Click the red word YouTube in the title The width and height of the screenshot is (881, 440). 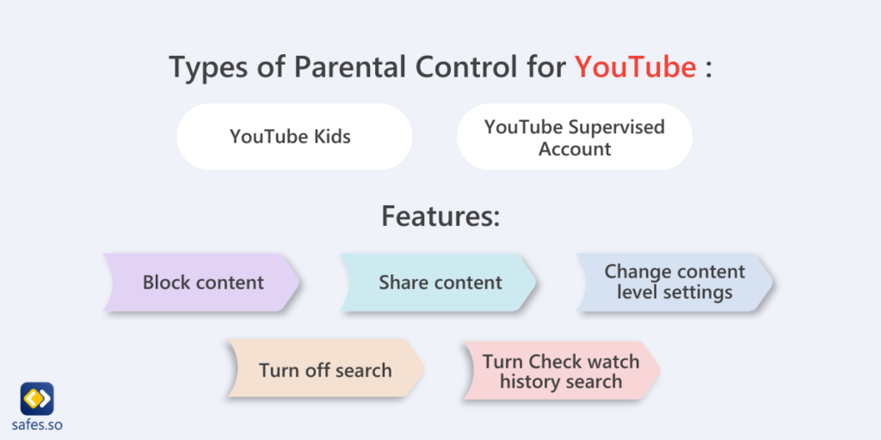coord(635,67)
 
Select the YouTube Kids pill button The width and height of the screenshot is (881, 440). coord(293,137)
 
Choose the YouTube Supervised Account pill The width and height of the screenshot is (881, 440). coord(574,137)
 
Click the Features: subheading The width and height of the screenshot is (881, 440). coord(440,216)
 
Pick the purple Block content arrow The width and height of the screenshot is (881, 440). coord(202,283)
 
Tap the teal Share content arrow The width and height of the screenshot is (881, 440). coord(439,283)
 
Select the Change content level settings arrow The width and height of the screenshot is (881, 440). coord(674,282)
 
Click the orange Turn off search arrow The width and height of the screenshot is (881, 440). coord(325,370)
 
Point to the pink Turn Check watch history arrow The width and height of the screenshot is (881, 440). coord(560,371)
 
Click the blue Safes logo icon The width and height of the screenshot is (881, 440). coord(37,398)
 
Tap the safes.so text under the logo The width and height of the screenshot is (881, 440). coord(37,425)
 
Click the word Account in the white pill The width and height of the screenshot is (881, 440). coord(574,149)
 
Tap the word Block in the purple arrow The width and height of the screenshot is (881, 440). coord(166,283)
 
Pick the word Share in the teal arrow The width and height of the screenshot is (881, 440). coord(404,283)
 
